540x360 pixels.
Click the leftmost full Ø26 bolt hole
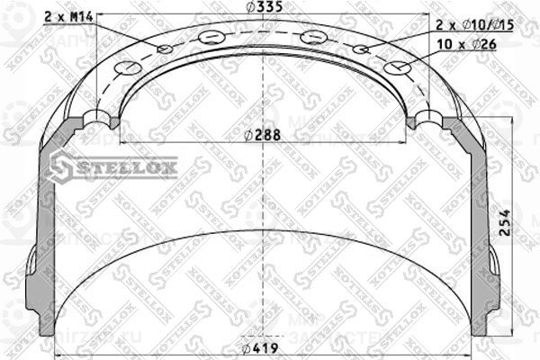[126, 67]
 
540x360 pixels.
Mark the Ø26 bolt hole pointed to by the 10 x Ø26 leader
[395, 67]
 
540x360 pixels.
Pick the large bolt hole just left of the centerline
[211, 38]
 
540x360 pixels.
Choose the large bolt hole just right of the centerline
[312, 38]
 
